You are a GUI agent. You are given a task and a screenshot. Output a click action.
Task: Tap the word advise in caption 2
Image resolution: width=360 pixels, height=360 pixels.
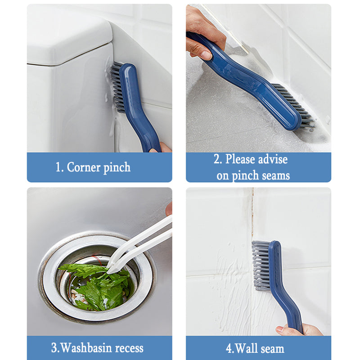(x=268, y=159)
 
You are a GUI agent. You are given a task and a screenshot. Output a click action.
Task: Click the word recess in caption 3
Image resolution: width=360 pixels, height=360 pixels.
(x=127, y=348)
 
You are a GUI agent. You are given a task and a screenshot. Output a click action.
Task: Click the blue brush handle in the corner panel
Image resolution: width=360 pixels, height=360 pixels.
(x=137, y=108)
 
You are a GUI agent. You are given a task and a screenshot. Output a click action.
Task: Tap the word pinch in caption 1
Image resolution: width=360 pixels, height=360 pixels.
(x=117, y=167)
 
